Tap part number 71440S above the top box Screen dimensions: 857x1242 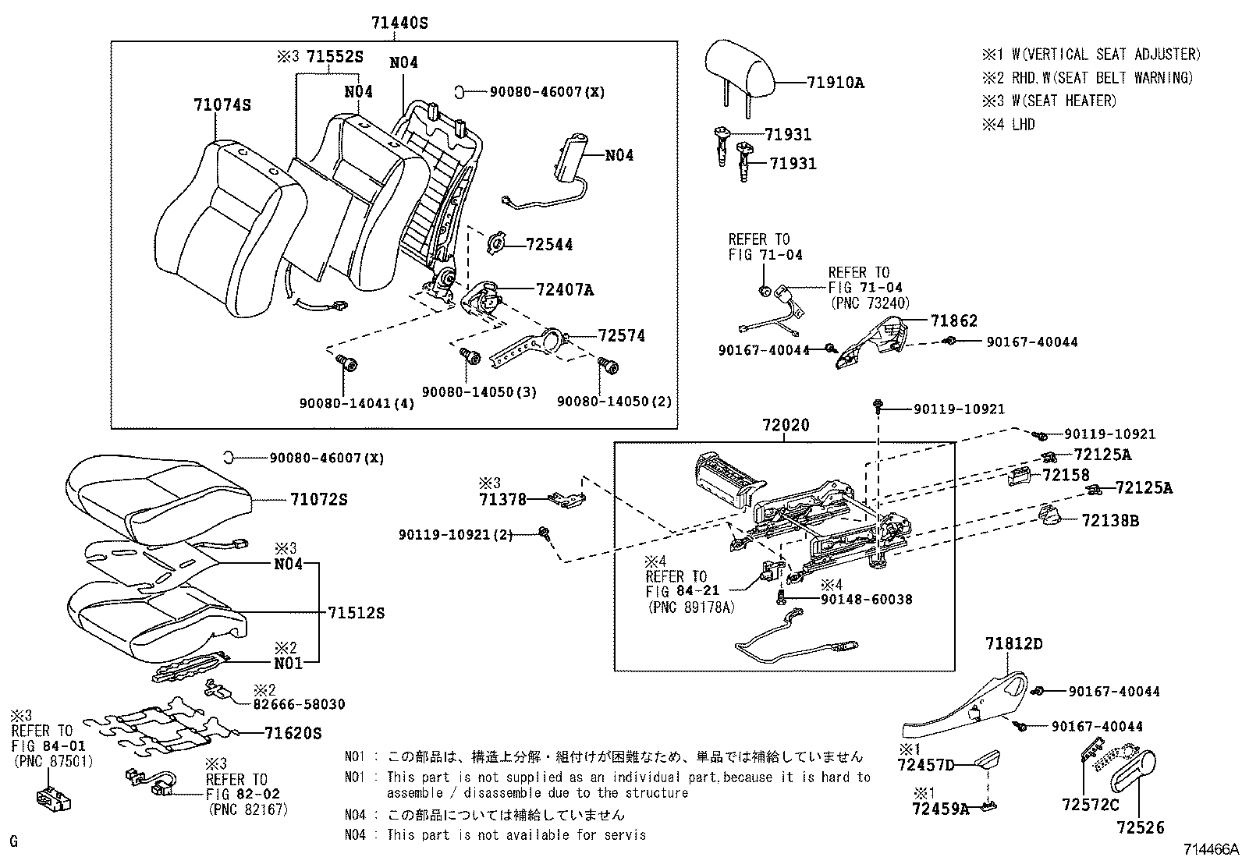pyautogui.click(x=399, y=23)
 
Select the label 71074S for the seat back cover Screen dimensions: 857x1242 pyautogui.click(x=222, y=105)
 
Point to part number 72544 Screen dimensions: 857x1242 pyautogui.click(x=549, y=245)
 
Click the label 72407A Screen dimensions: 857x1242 pyautogui.click(x=565, y=290)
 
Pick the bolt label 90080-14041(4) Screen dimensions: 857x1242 pyautogui.click(x=357, y=403)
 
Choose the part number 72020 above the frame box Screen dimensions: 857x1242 pyautogui.click(x=786, y=425)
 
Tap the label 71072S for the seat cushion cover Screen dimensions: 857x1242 pyautogui.click(x=318, y=499)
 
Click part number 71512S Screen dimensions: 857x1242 pyautogui.click(x=357, y=613)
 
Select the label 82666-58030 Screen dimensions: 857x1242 pyautogui.click(x=299, y=704)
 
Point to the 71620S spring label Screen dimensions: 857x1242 pyautogui.click(x=293, y=733)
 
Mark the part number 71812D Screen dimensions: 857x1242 pyautogui.click(x=1013, y=644)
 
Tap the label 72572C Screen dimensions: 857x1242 pyautogui.click(x=1090, y=804)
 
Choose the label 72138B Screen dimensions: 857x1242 pyautogui.click(x=1109, y=520)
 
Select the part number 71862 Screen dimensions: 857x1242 pyautogui.click(x=953, y=320)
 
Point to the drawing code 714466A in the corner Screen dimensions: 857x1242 pyautogui.click(x=1211, y=848)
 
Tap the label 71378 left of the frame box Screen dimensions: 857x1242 pyautogui.click(x=502, y=499)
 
